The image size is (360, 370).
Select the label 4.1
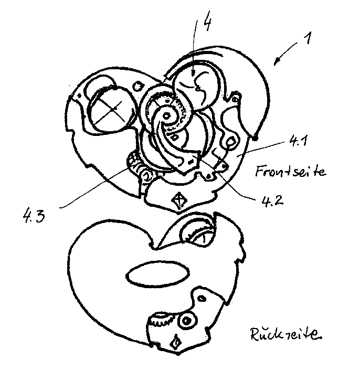[x=298, y=141]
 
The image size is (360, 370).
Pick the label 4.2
[x=272, y=201]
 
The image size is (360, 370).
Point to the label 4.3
[x=34, y=216]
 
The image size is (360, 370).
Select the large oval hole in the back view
[x=158, y=274]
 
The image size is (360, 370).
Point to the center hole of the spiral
[x=167, y=115]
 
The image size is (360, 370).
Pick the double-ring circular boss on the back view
[x=186, y=321]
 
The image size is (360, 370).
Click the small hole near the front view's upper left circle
[x=137, y=86]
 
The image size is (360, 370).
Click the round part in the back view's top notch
[x=198, y=234]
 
